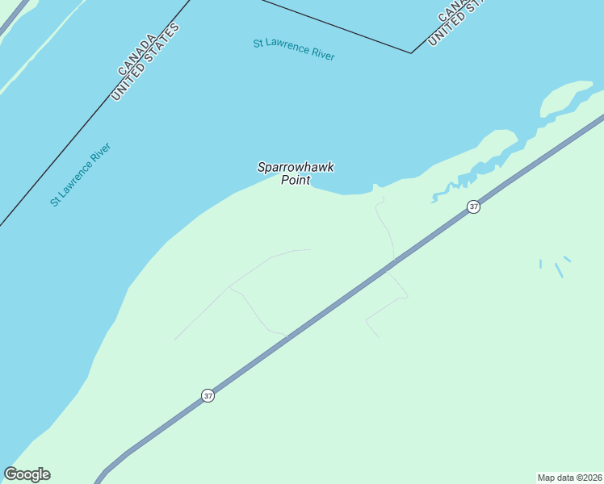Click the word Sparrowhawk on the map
[296, 168]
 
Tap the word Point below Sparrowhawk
[296, 180]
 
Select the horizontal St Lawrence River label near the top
[294, 48]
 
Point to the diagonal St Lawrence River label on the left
[80, 174]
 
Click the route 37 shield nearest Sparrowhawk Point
[473, 207]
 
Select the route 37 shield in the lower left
[208, 396]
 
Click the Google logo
[27, 474]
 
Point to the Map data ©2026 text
[569, 477]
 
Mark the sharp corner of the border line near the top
[412, 53]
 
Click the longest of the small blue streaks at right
[558, 270]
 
